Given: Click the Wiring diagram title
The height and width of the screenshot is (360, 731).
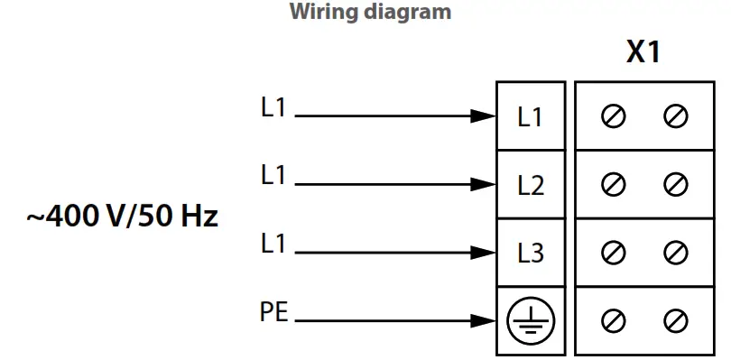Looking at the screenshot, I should [x=370, y=13].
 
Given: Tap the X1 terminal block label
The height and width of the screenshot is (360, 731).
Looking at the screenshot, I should [x=643, y=53].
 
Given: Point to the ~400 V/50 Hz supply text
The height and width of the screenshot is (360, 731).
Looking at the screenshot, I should [x=122, y=217].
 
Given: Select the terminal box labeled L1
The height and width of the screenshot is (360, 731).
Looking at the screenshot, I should [x=531, y=116].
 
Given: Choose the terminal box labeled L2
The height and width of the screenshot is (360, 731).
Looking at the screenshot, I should [x=531, y=185].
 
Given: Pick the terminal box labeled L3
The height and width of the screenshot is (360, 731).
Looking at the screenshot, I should [x=531, y=254].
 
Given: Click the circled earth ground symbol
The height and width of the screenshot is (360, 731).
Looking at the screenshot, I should [x=531, y=320].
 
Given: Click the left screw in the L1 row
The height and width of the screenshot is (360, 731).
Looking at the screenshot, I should [x=614, y=116].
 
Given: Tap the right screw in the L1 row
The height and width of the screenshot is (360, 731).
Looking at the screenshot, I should [x=675, y=116].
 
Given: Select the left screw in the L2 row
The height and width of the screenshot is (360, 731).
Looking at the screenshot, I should [x=614, y=185].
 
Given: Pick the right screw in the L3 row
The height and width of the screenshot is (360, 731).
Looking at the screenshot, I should [x=675, y=254].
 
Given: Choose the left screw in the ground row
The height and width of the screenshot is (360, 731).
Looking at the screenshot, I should [x=614, y=320].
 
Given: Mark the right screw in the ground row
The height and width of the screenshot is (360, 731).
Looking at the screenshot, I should [x=675, y=320].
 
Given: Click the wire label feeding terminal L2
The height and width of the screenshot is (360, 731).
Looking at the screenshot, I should [x=273, y=175].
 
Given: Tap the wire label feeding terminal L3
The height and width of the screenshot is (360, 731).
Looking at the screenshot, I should [x=273, y=244].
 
